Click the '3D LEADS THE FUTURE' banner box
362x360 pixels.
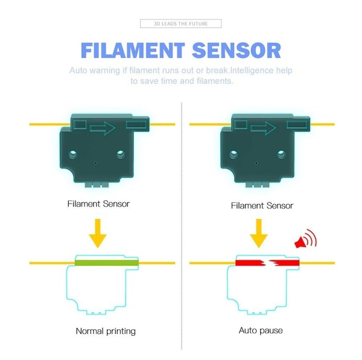click(180, 24)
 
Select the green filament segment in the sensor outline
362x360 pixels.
click(106, 263)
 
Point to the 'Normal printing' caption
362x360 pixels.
click(106, 331)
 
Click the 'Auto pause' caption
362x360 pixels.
click(261, 330)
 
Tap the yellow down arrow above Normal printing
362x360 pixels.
click(98, 233)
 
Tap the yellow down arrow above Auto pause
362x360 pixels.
click(259, 233)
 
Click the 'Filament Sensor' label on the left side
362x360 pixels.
click(98, 204)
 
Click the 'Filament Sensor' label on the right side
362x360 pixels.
click(262, 205)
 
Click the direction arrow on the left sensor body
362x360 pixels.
click(103, 128)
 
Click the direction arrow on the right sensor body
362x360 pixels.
click(263, 128)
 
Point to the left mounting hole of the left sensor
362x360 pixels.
click(73, 154)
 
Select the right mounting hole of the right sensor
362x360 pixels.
click(281, 154)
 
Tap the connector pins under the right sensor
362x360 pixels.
click(258, 185)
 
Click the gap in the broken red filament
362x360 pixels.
click(267, 263)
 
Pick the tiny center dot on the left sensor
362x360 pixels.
click(95, 163)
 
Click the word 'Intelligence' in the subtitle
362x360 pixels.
click(252, 71)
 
